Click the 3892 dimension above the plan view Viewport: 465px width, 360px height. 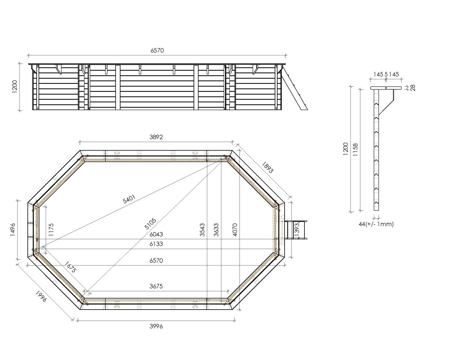coord(156,137)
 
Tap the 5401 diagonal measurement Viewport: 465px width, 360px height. coord(129,199)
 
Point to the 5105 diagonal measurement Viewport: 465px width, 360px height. coord(150,224)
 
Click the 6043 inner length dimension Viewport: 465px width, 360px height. coord(156,234)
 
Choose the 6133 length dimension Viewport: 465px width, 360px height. coord(156,244)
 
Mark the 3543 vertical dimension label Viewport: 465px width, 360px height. coord(202,230)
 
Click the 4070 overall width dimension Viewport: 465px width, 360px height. coord(235,230)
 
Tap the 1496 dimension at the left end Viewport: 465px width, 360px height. coord(13,230)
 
